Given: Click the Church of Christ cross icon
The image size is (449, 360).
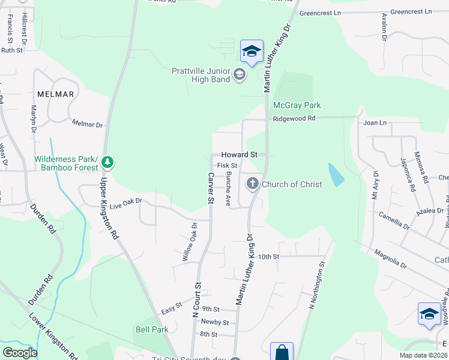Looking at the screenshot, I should point(253,183).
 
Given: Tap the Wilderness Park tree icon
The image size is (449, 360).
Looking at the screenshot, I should point(107,162).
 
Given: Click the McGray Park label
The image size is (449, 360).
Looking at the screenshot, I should point(297,105).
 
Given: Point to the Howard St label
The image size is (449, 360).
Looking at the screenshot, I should point(239,154).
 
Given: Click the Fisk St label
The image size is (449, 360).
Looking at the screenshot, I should point(228,165).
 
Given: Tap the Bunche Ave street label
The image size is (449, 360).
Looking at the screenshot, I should point(229,188).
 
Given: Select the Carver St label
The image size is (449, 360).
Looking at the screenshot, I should point(211,187).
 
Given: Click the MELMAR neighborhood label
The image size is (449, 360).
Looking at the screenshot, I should point(55,94).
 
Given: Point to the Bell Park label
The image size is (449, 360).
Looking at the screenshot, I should point(152,329).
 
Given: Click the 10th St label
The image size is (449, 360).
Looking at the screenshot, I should point(269,256).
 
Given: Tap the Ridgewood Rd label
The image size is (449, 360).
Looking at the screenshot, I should point(294,119).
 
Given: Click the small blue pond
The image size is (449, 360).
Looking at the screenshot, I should point(336,173).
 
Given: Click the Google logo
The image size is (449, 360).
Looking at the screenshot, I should point(20,352).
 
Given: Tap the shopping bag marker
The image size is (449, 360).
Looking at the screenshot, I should point(281,352).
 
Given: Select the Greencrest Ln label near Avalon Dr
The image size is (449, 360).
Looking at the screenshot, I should point(411,11).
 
